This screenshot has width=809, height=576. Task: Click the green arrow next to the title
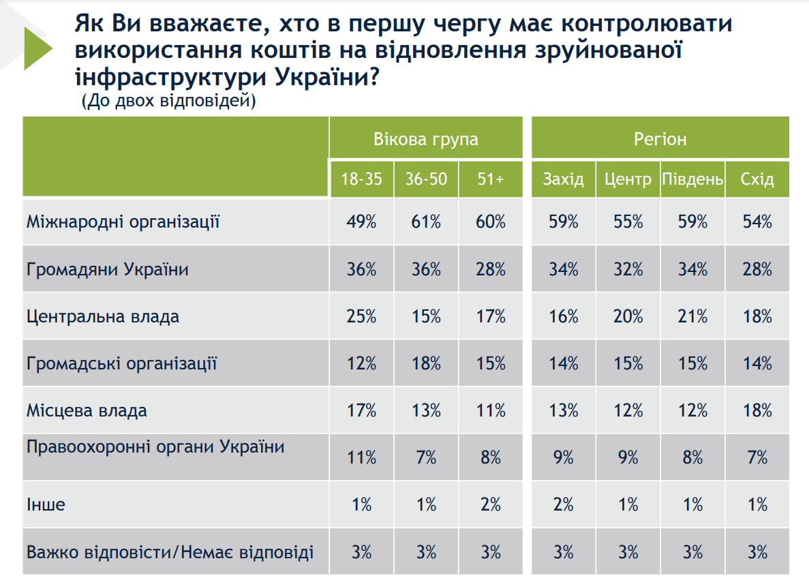click(x=35, y=48)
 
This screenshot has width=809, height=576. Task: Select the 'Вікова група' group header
click(x=425, y=139)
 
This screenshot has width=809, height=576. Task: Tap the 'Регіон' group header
click(x=660, y=139)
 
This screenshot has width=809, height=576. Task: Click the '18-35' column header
click(x=361, y=179)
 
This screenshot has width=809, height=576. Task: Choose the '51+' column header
click(x=491, y=179)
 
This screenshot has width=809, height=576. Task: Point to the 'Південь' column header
click(x=692, y=179)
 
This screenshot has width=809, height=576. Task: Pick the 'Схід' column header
click(x=757, y=179)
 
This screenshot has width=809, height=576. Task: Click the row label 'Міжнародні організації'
click(x=123, y=222)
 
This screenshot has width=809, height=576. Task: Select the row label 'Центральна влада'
click(x=103, y=316)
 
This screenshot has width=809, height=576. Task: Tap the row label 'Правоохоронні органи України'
click(x=155, y=447)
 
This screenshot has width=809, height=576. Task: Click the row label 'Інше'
click(x=46, y=504)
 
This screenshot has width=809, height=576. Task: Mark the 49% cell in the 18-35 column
click(x=361, y=222)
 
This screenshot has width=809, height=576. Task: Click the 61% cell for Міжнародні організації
click(x=426, y=222)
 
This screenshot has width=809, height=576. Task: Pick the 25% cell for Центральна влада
click(x=361, y=316)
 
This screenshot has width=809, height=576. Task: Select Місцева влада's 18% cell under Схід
click(x=757, y=410)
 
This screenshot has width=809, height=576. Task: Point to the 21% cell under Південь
click(x=692, y=316)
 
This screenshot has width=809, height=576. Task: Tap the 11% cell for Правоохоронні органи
click(x=361, y=457)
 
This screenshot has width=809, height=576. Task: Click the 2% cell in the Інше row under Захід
click(x=564, y=504)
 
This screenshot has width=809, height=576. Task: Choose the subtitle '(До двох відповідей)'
click(x=168, y=102)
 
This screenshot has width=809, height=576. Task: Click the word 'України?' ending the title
click(x=327, y=77)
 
